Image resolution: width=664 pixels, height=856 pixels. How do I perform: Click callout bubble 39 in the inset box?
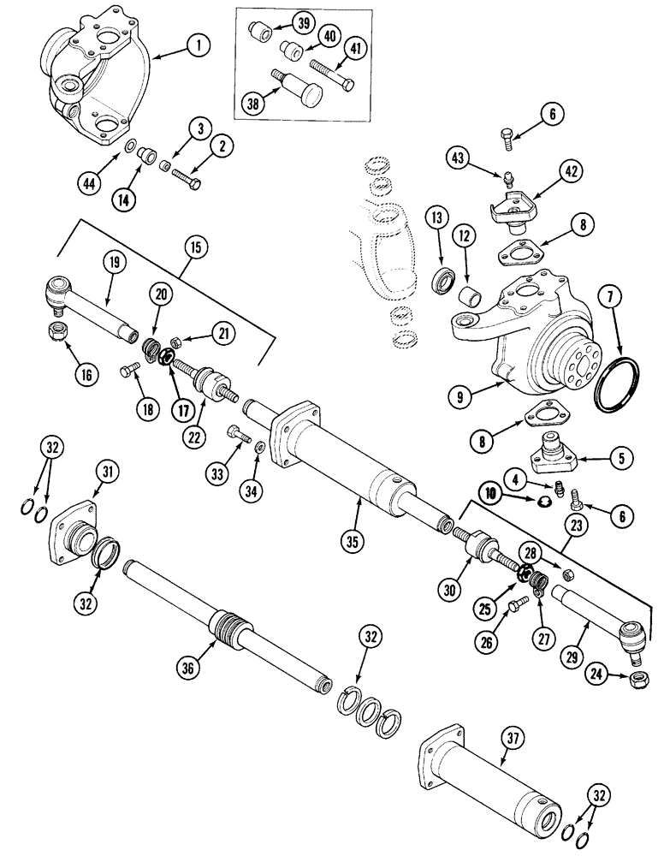[x=301, y=24]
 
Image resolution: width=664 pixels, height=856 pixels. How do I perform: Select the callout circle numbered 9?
[x=461, y=395]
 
